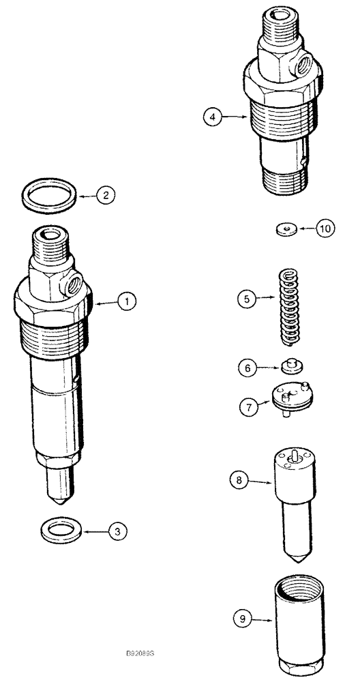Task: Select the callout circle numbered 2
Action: (105, 195)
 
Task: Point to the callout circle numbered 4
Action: (213, 117)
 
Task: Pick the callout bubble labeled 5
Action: (247, 297)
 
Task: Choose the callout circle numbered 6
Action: (247, 367)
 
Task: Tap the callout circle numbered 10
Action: (325, 229)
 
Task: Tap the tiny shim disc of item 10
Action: (286, 229)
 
